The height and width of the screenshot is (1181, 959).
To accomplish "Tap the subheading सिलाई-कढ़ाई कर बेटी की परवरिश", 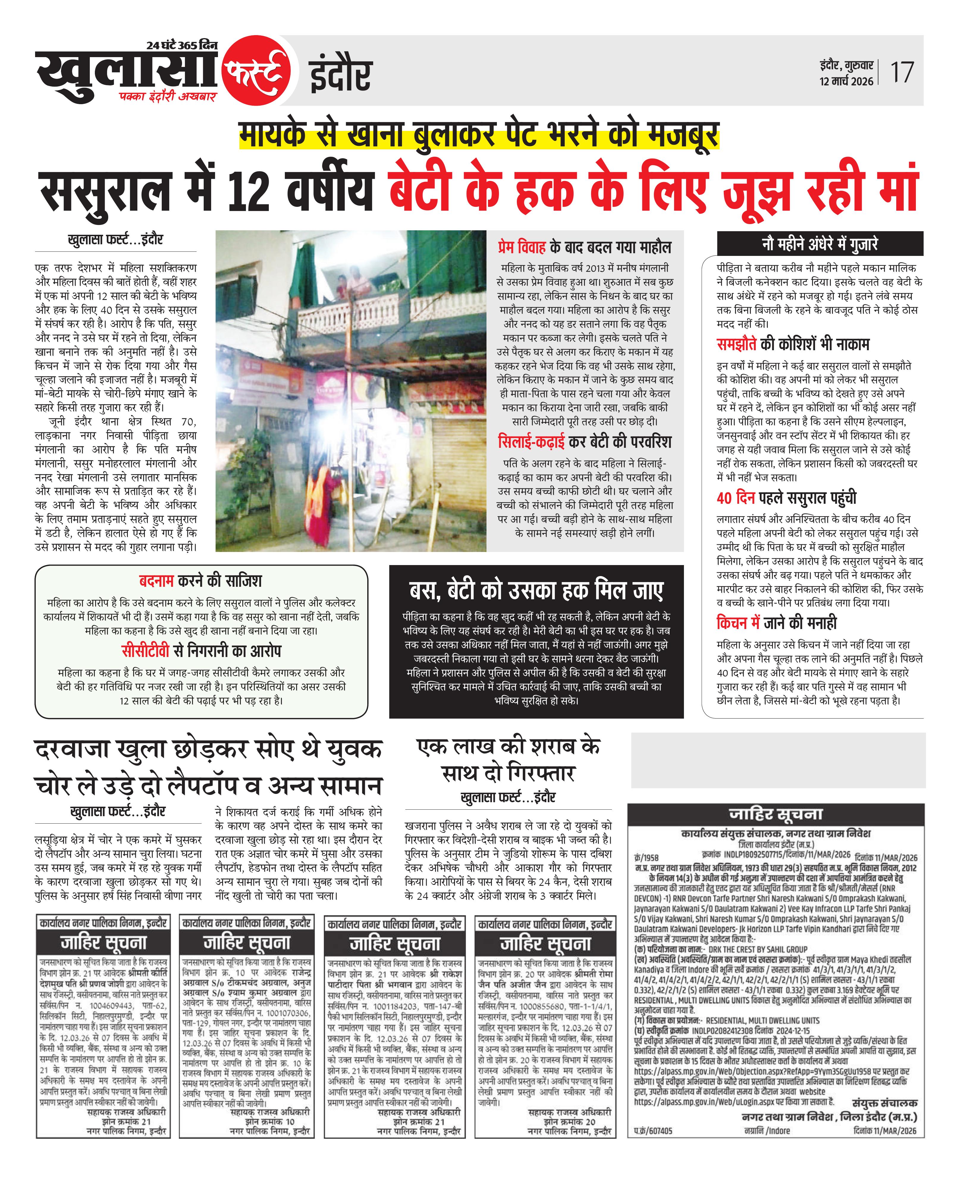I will (584, 442).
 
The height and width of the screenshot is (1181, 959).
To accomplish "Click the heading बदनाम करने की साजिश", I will (200, 581).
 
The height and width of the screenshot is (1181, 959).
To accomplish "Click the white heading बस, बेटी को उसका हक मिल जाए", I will (536, 591).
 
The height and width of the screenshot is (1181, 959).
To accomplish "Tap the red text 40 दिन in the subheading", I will (735, 498).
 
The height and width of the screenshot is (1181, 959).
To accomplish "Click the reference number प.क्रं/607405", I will (653, 1131).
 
